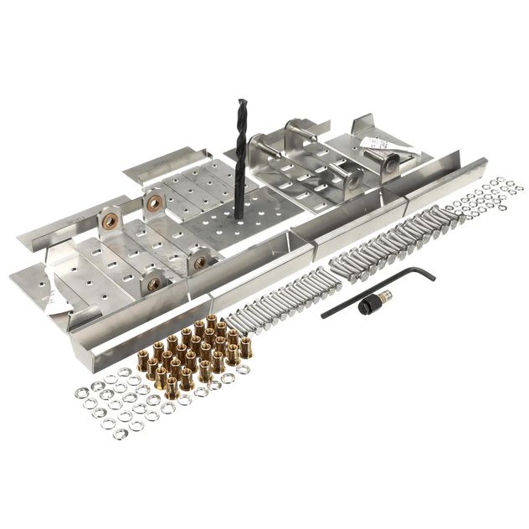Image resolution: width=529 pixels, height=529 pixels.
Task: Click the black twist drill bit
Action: (241, 159)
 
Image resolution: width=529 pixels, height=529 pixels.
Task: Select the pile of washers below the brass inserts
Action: (126, 402)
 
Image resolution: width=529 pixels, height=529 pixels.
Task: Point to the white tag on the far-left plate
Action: (53, 297)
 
